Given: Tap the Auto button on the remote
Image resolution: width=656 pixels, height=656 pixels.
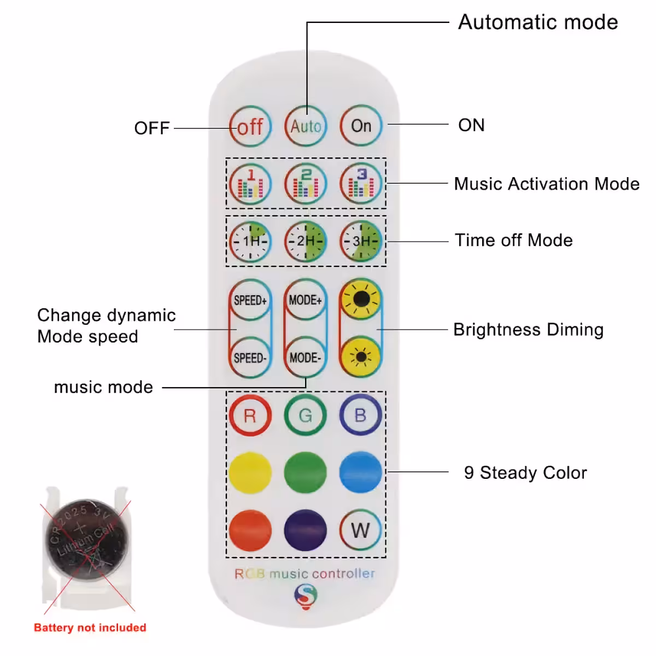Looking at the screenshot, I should (x=306, y=126).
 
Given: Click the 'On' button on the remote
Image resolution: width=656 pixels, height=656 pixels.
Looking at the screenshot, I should (x=361, y=126).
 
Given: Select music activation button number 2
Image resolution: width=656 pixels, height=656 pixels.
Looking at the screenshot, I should (x=306, y=184).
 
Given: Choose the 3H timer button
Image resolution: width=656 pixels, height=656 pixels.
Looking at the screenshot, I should (x=361, y=241).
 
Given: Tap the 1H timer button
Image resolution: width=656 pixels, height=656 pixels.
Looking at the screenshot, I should (x=250, y=241).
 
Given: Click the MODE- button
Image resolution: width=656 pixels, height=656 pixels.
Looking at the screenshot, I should (x=306, y=358).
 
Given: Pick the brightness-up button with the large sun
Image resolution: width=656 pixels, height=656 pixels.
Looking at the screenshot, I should (x=361, y=299).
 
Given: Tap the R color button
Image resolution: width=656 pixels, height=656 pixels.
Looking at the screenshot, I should (x=250, y=415).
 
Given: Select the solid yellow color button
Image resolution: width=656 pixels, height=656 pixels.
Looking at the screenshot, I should (x=250, y=472).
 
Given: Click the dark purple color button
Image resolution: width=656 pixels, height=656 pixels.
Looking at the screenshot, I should (x=306, y=530).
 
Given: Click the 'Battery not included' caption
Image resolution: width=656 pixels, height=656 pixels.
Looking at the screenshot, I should (x=90, y=628).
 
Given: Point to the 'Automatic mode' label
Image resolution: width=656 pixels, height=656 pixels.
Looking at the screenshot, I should (x=538, y=22).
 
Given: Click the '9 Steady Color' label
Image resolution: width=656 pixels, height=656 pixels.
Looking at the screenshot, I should (x=525, y=472).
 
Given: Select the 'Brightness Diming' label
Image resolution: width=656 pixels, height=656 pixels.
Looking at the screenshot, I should (x=528, y=330).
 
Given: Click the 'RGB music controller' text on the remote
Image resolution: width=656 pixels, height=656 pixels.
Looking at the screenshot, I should (x=305, y=573).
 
